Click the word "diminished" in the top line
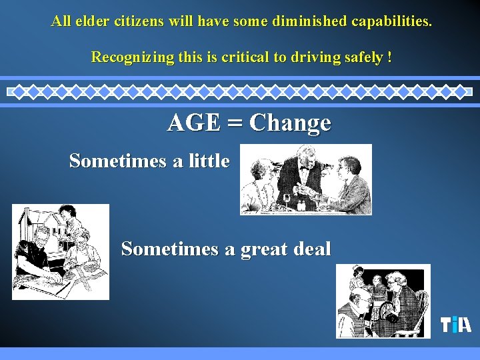click(309, 21)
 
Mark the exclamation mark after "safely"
click(389, 57)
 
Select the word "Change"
click(290, 123)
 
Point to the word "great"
click(266, 249)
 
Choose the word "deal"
click(312, 249)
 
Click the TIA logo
click(456, 325)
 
